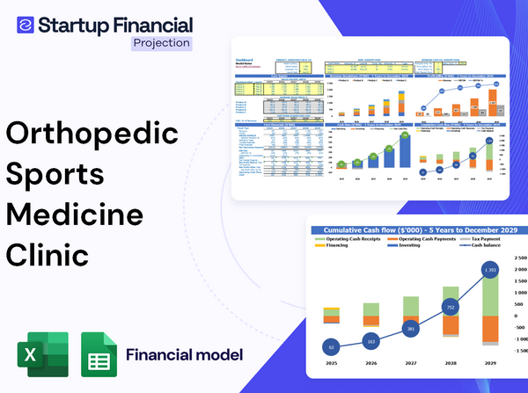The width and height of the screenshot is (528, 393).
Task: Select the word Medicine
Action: (x=77, y=215)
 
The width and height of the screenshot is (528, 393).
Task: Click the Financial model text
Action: (x=184, y=355)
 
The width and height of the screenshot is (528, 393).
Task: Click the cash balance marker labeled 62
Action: (x=331, y=347)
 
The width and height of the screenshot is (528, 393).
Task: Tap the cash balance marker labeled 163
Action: (x=370, y=341)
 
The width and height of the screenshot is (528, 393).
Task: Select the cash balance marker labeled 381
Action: (x=410, y=329)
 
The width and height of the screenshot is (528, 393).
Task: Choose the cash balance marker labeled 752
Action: (x=450, y=308)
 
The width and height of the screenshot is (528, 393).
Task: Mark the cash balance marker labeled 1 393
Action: (x=490, y=269)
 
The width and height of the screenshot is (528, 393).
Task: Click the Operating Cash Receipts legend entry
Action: (x=358, y=241)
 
